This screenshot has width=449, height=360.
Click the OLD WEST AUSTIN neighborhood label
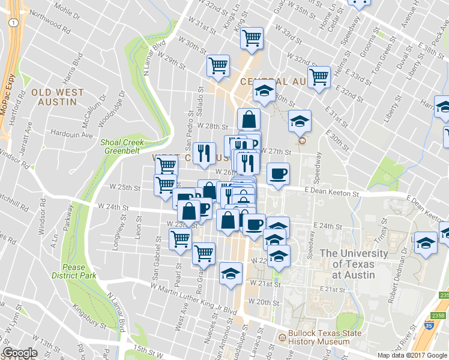point(54,97)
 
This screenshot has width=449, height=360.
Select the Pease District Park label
point(79,271)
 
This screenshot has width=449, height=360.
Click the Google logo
point(20,353)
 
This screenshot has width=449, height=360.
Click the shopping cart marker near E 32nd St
point(319,77)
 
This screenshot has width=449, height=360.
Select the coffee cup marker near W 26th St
point(278,174)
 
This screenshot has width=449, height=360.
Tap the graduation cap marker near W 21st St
point(230,274)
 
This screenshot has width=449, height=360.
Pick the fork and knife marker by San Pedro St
point(204,153)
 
